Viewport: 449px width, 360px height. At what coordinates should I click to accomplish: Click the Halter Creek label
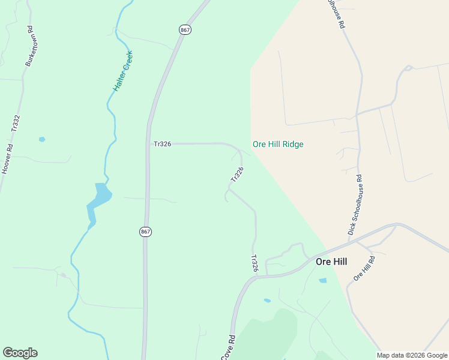point(123,71)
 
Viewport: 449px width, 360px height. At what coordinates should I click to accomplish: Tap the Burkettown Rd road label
point(30,46)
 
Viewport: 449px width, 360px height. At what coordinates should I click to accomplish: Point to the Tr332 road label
point(16,124)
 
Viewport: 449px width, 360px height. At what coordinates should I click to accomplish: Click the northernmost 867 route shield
point(185,29)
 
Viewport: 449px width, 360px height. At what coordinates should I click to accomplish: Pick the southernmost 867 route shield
point(145,232)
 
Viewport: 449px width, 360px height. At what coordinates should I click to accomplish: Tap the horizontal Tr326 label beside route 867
point(162,144)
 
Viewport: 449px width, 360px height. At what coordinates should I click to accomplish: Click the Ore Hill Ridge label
point(278,144)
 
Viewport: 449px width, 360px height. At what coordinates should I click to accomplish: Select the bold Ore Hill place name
point(331,262)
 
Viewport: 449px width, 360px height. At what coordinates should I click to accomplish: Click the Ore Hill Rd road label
point(364,268)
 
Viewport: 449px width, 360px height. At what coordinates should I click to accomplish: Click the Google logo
point(20,353)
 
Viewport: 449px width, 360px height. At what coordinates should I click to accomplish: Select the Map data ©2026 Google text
point(412,355)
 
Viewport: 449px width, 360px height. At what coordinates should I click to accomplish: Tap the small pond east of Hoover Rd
point(42,139)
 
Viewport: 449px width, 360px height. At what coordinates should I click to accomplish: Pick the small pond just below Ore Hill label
point(323,280)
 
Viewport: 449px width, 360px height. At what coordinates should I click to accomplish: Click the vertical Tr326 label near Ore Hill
point(255,264)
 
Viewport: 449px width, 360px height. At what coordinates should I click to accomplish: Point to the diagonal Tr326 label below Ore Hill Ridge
point(237,175)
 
